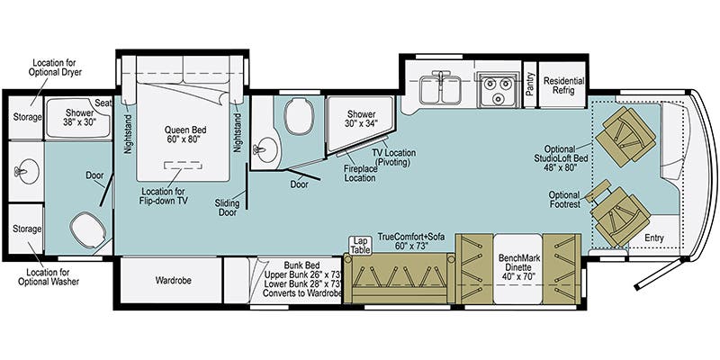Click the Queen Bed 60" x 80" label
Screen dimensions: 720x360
pos(183,134)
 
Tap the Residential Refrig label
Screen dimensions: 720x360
pos(563,85)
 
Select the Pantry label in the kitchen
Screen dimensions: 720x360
pos(530,84)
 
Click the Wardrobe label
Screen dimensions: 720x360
pos(173,280)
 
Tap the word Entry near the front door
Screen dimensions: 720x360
pos(654,238)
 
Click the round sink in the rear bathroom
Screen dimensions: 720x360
pos(27,171)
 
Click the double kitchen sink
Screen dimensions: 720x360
pos(440,88)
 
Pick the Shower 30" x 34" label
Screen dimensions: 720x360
pos(362,119)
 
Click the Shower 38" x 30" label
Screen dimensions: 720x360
pos(78,118)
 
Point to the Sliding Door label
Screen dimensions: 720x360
pos(228,208)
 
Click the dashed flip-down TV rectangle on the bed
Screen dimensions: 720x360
pos(183,166)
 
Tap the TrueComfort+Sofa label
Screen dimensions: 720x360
pos(403,241)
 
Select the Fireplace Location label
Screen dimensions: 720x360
pos(361,173)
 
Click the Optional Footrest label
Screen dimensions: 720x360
pos(564,199)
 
